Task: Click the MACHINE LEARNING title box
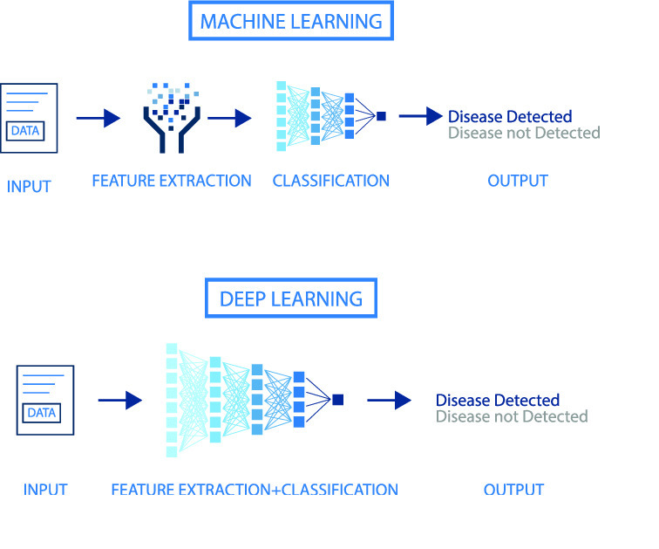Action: tap(291, 21)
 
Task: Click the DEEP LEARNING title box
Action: tap(290, 299)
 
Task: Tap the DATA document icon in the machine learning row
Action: tap(31, 119)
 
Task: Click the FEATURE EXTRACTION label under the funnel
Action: tap(172, 182)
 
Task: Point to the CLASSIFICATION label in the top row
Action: tap(331, 182)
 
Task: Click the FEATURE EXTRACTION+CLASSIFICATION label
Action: tap(255, 490)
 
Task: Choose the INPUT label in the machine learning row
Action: tap(29, 186)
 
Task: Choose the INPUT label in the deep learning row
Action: tap(45, 490)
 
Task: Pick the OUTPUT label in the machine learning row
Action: tap(518, 182)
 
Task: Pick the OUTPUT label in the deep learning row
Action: tap(514, 490)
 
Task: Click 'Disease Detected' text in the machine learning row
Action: tap(510, 117)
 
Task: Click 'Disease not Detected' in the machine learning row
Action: tap(524, 134)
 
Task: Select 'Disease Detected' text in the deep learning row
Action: tap(498, 401)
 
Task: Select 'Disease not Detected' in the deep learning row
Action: tap(512, 417)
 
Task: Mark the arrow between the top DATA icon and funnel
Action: tap(98, 118)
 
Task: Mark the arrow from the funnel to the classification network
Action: tap(230, 118)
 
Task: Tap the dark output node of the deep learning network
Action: tap(338, 400)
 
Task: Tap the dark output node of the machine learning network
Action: tap(381, 115)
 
